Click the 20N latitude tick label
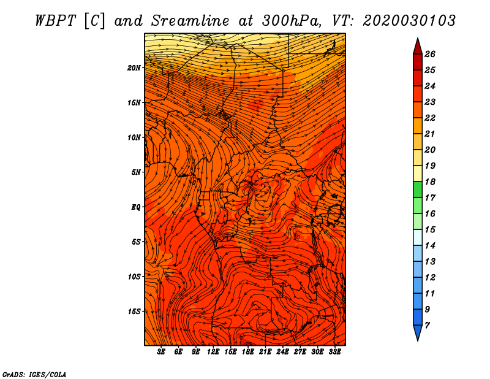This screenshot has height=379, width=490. point(134,68)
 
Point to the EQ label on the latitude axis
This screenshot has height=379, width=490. point(135,207)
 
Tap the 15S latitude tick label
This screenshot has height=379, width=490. point(134,312)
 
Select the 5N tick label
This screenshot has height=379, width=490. point(136,172)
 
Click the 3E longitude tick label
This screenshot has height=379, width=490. point(161,352)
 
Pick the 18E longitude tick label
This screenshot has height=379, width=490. point(248,352)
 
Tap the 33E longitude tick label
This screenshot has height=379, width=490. point(334,352)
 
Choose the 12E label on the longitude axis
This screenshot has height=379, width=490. point(213,352)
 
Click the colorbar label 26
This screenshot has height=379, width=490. point(430,54)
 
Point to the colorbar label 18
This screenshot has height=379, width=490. point(430,182)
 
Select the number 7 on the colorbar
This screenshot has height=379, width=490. point(427,326)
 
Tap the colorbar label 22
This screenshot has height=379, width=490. point(430,118)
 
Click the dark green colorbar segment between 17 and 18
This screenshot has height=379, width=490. point(418,189)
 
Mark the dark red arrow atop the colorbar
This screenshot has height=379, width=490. point(418,47)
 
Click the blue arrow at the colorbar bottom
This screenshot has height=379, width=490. point(418,332)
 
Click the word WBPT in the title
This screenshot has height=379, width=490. point(56,21)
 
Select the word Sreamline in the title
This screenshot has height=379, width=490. point(190,21)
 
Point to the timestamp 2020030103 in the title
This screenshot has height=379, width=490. point(409,21)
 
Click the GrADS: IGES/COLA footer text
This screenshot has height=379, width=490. point(34,375)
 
